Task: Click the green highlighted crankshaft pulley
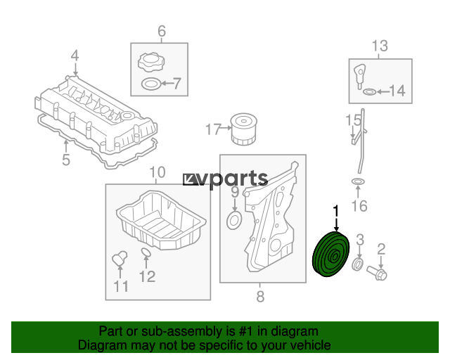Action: [330, 254]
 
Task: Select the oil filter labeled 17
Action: [244, 129]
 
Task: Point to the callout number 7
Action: [176, 83]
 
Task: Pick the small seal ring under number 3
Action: [358, 264]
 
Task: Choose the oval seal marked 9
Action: [234, 220]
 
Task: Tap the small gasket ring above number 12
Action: [146, 252]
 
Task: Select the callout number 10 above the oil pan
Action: [157, 172]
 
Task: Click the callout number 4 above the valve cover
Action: [75, 56]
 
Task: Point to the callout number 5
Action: [66, 160]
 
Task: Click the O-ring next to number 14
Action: [369, 92]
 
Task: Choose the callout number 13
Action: [380, 46]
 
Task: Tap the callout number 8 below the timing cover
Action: [260, 296]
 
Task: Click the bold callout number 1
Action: [336, 212]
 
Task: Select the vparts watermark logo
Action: [225, 179]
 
